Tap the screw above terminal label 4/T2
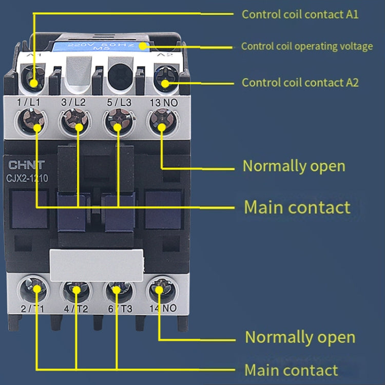click(76, 291)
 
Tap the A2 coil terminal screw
click(165, 82)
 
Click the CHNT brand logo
click(26, 165)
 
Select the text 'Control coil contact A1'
click(300, 14)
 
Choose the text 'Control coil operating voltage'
click(307, 46)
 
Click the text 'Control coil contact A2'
click(300, 83)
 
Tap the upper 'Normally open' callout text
click(294, 166)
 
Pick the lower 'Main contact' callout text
click(291, 370)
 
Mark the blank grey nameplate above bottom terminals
click(96, 264)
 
